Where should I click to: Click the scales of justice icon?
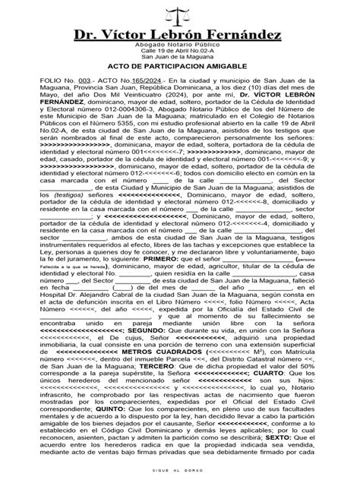pyautogui.click(x=179, y=16)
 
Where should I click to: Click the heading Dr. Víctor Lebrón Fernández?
pyautogui.click(x=180, y=36)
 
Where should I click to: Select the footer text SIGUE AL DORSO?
pyautogui.click(x=180, y=471)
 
